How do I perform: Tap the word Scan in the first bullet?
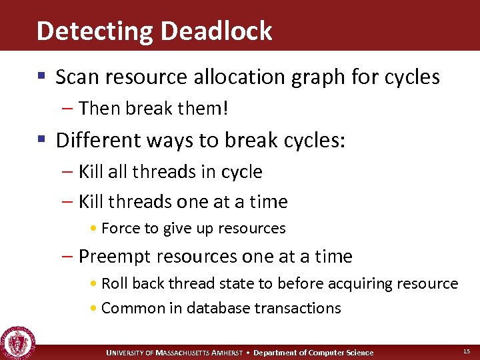click(73, 77)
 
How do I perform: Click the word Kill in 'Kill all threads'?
click(91, 172)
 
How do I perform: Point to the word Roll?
click(115, 284)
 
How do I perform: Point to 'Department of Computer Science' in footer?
click(313, 353)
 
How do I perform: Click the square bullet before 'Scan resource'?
click(41, 77)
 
